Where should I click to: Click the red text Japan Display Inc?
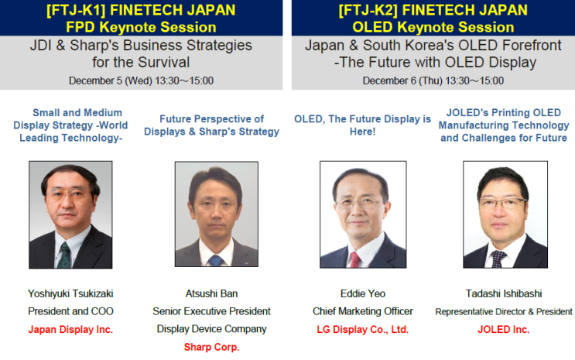[x=71, y=329]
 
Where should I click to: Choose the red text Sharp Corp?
[x=211, y=347]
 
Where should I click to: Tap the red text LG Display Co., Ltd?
[x=362, y=329]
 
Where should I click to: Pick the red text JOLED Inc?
[x=504, y=329]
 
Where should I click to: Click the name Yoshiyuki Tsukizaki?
[x=71, y=293]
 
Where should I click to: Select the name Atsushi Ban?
[x=211, y=293]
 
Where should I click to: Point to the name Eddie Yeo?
[x=362, y=293]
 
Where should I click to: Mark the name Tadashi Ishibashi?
[x=504, y=293]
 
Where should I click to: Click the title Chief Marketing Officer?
[x=362, y=311]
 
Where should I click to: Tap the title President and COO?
[x=71, y=311]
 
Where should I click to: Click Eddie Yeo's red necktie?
[x=355, y=259]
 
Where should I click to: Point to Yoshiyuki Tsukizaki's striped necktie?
[x=64, y=255]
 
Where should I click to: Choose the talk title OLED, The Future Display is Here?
[x=362, y=125]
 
